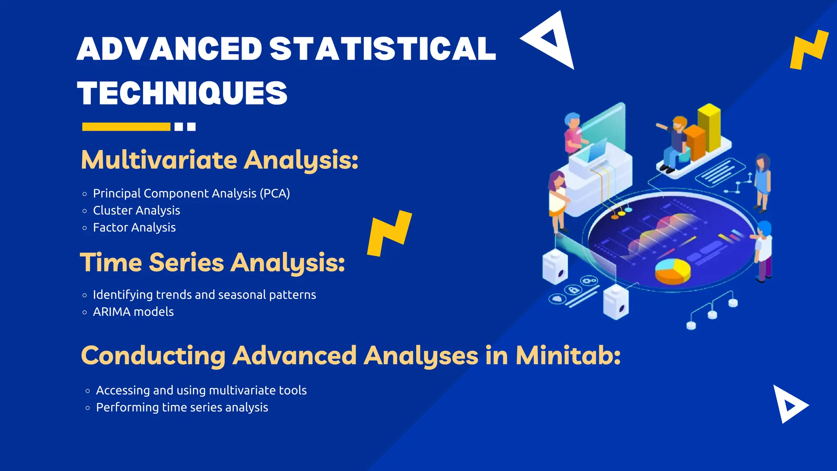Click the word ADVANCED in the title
click(x=169, y=49)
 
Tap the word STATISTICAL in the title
click(x=383, y=49)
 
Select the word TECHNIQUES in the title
click(x=182, y=93)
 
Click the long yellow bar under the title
click(x=126, y=127)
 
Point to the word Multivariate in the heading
click(x=159, y=160)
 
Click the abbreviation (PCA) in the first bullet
click(x=275, y=193)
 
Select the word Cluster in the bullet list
click(x=111, y=211)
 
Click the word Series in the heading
click(x=186, y=262)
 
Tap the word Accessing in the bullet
click(x=123, y=390)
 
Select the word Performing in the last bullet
click(x=127, y=408)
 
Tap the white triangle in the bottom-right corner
click(x=788, y=405)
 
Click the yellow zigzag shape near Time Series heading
click(x=389, y=233)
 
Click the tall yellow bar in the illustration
click(x=709, y=127)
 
